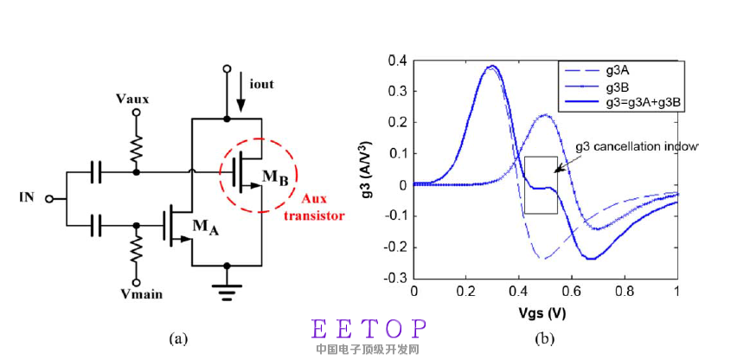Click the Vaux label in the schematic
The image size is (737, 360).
(132, 99)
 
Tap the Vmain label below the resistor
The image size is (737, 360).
(135, 292)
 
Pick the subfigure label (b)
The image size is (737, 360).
(545, 338)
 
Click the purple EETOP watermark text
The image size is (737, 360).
(369, 329)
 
